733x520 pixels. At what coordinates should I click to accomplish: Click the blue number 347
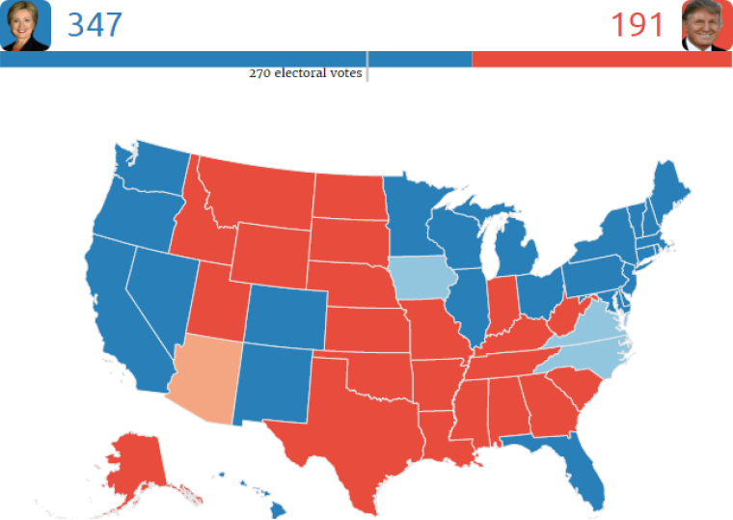[x=95, y=24]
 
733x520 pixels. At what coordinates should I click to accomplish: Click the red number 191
[x=638, y=24]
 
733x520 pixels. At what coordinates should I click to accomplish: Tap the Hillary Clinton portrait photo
[x=25, y=25]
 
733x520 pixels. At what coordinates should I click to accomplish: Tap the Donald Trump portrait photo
[x=707, y=25]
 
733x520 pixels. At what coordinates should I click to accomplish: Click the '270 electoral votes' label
[x=305, y=73]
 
